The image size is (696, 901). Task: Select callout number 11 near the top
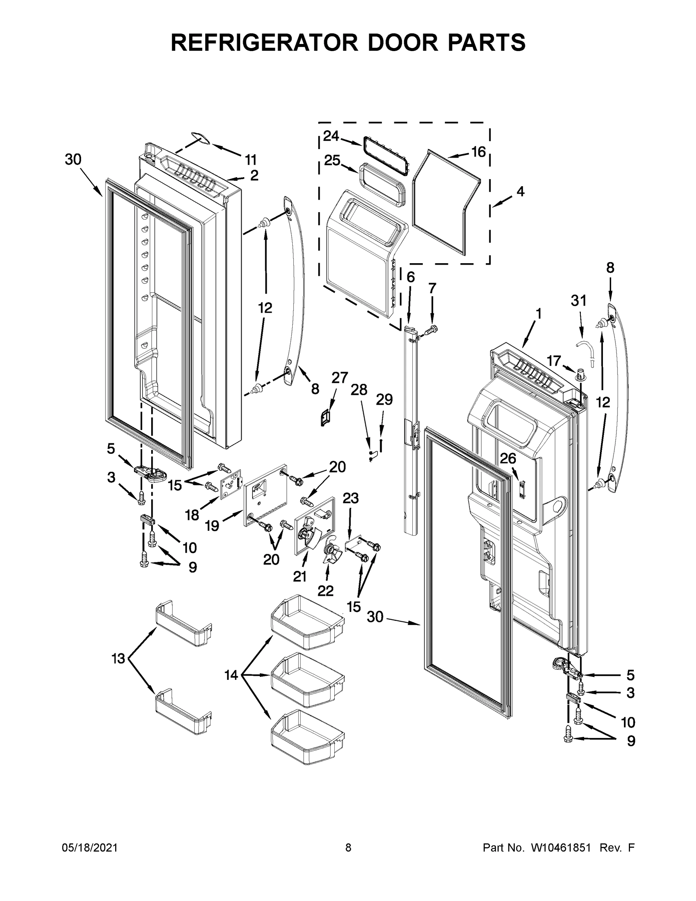250,159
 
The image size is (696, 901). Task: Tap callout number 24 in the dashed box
331,136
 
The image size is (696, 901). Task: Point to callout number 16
478,152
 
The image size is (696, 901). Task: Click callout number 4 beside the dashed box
520,191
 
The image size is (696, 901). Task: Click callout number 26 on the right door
508,458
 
